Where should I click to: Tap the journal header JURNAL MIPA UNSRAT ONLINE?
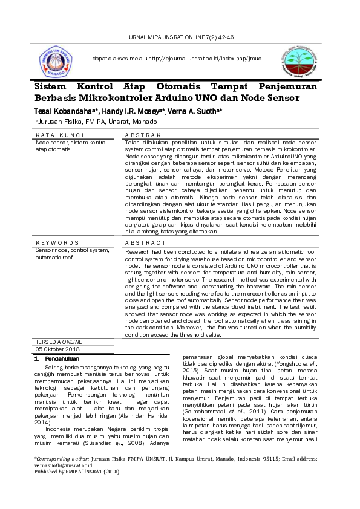coord(179,37)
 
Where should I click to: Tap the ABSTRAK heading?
coord(143,134)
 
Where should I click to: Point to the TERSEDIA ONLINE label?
coord(59,342)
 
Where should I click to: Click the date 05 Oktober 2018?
coord(57,349)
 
